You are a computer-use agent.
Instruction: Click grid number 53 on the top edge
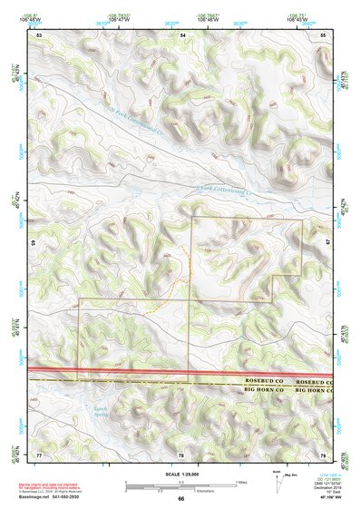40,34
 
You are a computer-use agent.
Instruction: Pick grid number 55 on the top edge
323,34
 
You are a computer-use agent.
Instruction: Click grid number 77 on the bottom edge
39,453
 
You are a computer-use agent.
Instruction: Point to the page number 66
180,499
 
